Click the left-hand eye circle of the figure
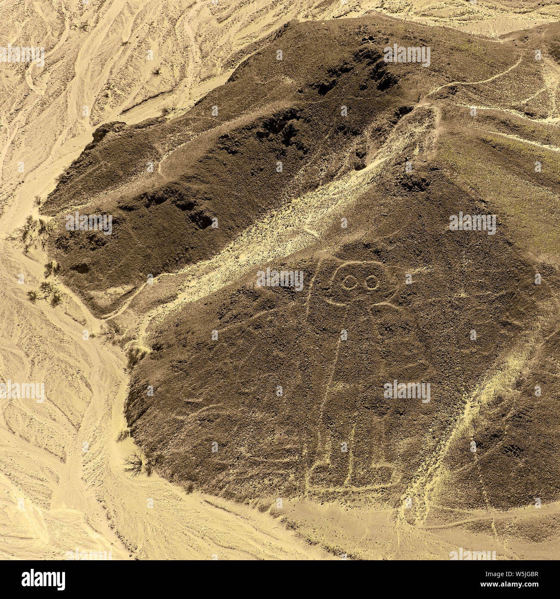(349, 282)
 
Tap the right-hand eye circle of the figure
(371, 283)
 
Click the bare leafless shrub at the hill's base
(134, 463)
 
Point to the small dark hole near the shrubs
(81, 268)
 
